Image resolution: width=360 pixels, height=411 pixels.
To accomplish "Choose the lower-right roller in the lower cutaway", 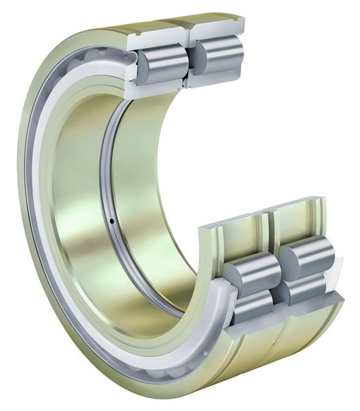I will point(301,291).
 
